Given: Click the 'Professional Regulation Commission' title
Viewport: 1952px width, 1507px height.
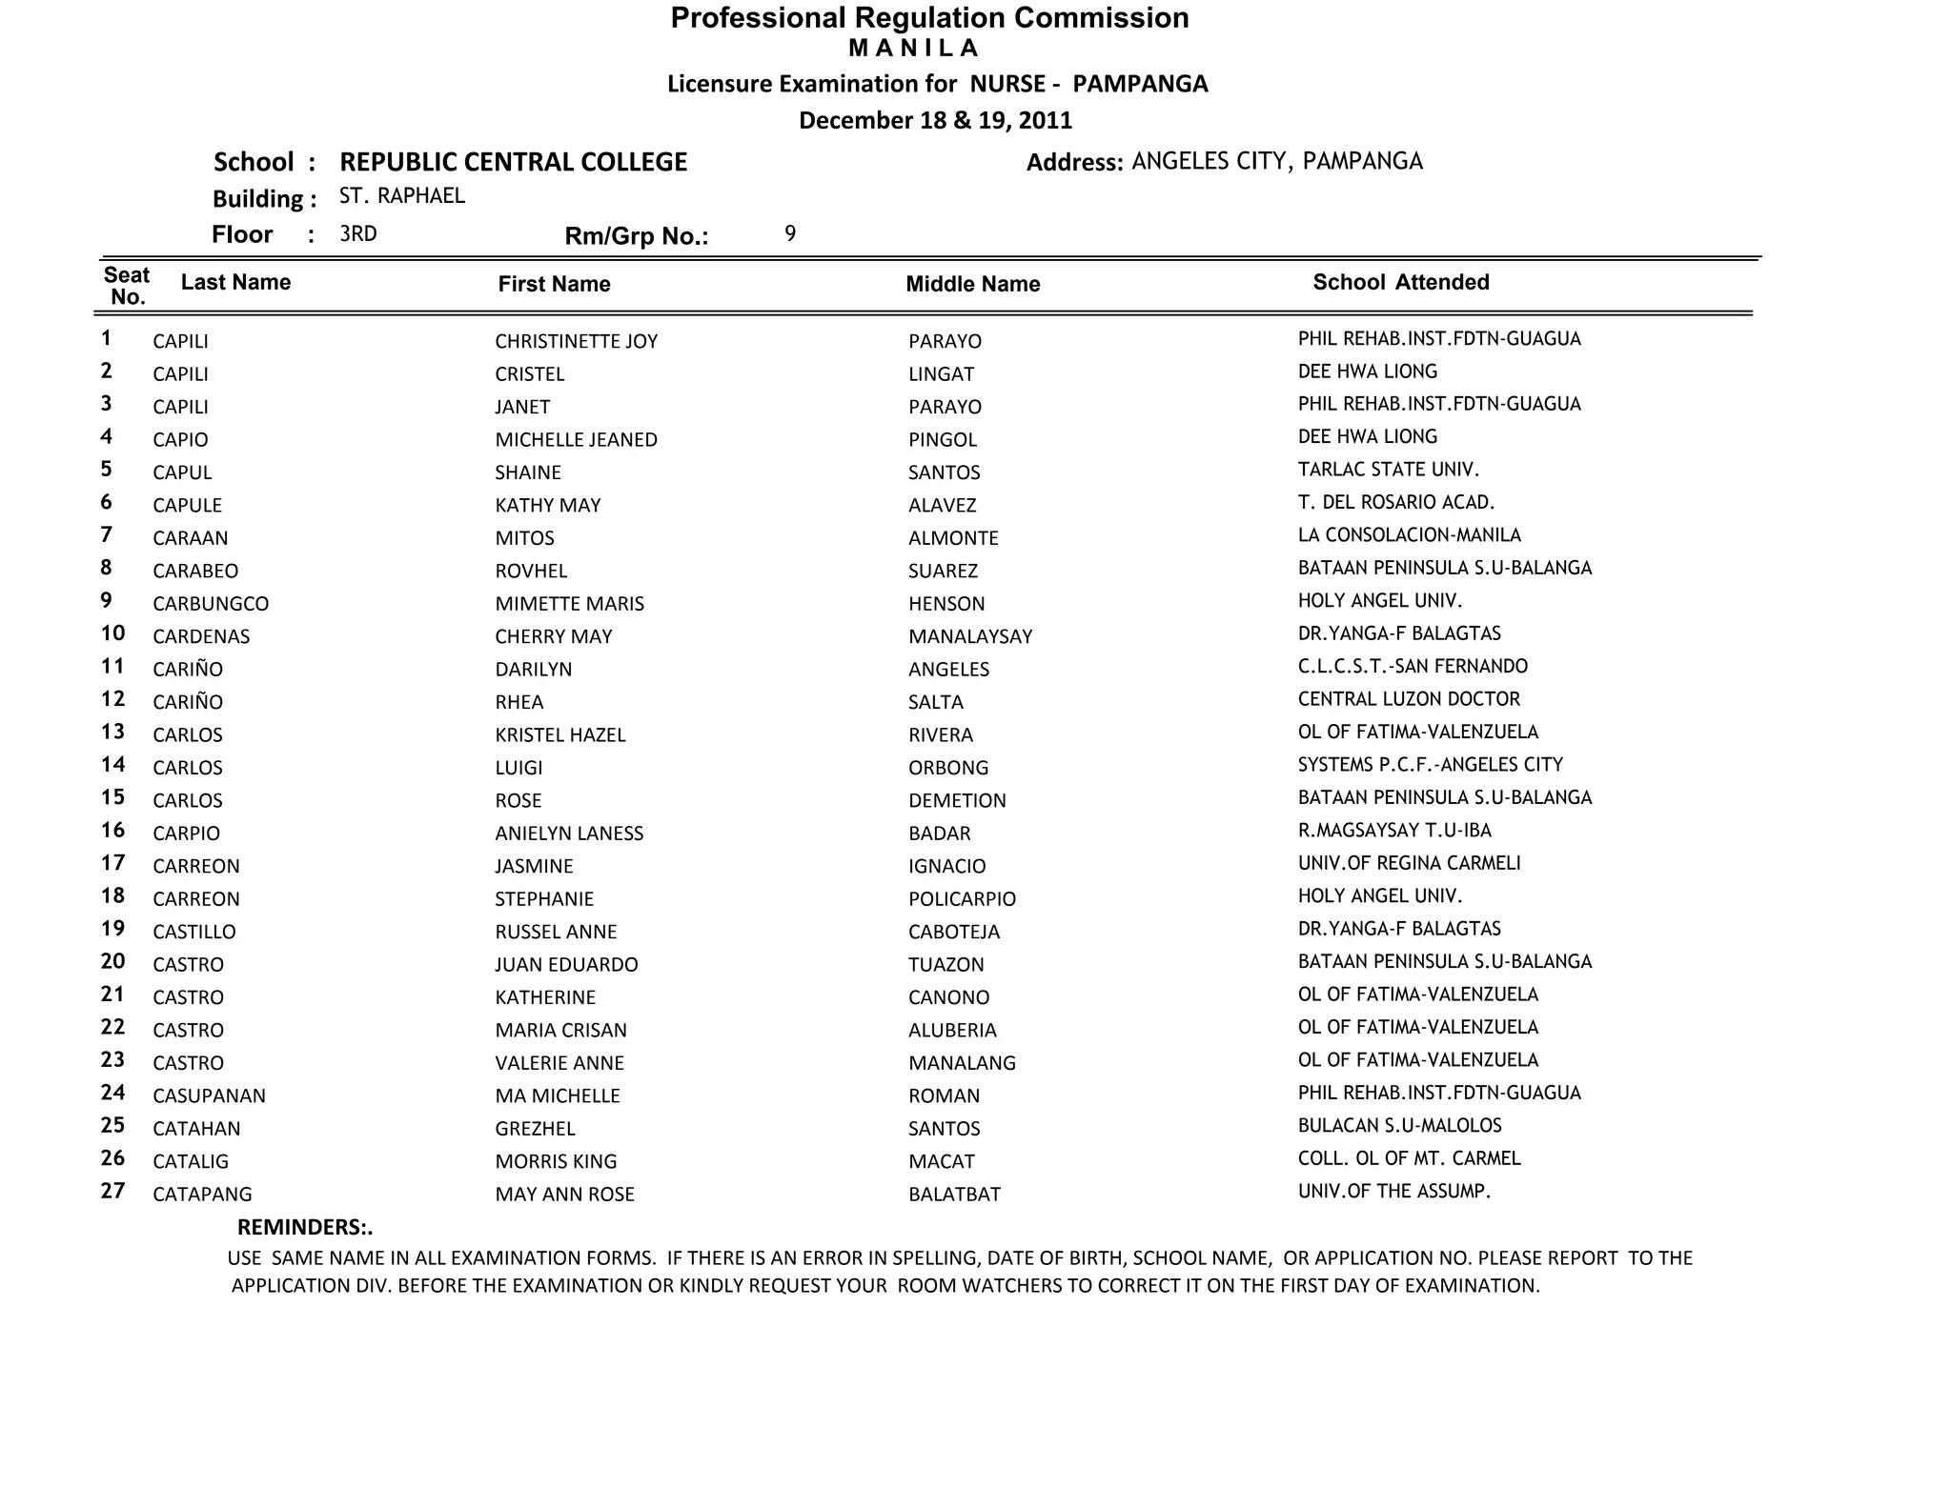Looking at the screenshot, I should [x=929, y=18].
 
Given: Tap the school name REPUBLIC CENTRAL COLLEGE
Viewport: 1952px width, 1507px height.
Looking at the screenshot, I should [x=513, y=162].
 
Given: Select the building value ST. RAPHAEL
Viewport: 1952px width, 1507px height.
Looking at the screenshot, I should [x=402, y=196].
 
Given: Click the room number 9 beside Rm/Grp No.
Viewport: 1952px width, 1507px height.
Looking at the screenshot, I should [x=790, y=233].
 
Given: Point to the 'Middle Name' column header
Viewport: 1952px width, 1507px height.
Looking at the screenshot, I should [x=972, y=284].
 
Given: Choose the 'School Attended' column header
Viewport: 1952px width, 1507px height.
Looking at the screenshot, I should [x=1400, y=282].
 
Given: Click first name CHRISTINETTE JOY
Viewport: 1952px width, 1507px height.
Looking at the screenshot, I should [x=576, y=341].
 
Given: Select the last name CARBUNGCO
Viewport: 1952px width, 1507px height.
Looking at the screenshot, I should [x=211, y=604].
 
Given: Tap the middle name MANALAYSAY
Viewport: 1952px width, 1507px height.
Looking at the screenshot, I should [x=970, y=636].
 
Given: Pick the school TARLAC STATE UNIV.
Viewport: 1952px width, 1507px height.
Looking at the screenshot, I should [x=1388, y=470].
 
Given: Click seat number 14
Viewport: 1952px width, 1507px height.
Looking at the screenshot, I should [x=113, y=765].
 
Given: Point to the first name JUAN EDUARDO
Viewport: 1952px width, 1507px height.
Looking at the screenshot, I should [x=566, y=965].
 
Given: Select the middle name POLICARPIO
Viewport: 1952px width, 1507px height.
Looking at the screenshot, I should [x=962, y=899].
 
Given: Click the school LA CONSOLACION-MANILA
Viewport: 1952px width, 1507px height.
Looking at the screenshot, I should [x=1409, y=535].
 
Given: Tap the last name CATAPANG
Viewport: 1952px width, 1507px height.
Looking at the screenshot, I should [x=202, y=1195].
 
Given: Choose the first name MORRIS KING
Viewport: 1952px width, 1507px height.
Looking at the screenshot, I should [x=556, y=1161].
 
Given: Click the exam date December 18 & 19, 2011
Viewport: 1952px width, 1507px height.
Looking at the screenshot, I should [x=935, y=121].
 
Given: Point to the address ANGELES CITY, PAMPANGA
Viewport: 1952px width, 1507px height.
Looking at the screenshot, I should [x=1276, y=161].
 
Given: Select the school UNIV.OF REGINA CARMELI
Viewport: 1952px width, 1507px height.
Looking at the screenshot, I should [x=1409, y=863].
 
